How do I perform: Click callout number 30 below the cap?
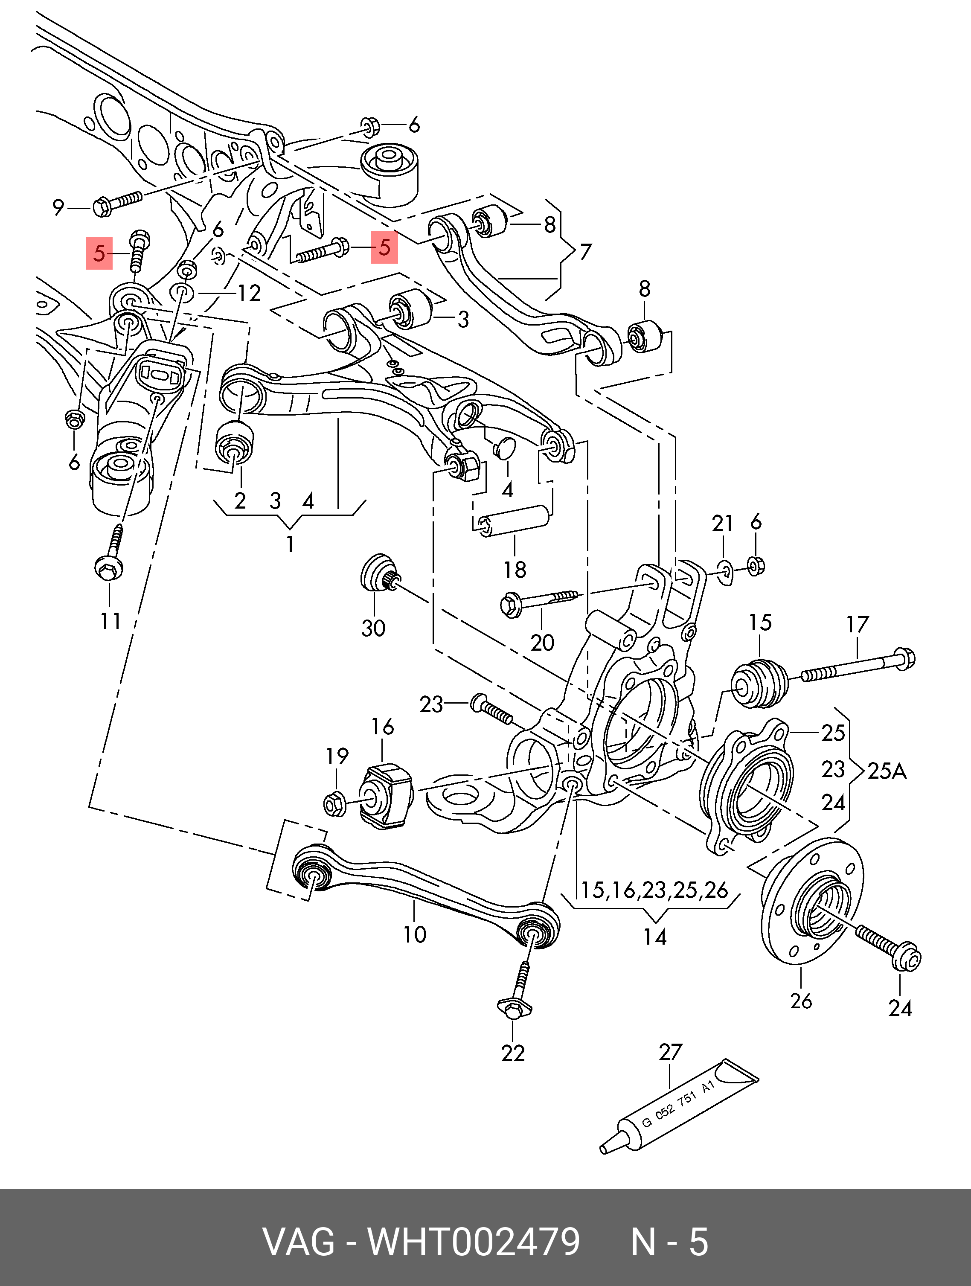(x=373, y=628)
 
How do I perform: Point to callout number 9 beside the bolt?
(x=58, y=207)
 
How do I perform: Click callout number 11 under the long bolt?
(x=110, y=621)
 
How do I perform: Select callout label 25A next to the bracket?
(x=887, y=771)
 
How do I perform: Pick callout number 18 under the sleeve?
(x=515, y=570)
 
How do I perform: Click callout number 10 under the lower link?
(x=415, y=934)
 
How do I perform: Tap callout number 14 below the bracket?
(x=655, y=937)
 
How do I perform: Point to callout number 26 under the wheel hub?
(x=801, y=1001)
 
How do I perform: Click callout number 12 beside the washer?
(x=250, y=293)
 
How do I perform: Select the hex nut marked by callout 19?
(x=334, y=804)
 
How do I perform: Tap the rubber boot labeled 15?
(x=759, y=682)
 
